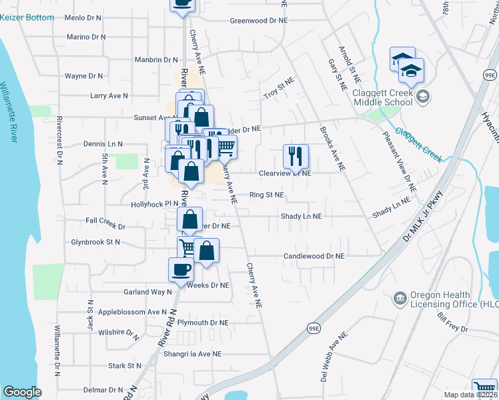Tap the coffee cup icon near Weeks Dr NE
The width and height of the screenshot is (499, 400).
click(x=181, y=269)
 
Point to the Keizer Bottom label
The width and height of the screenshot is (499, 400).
click(x=27, y=16)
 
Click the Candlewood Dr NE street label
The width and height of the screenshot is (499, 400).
click(x=314, y=256)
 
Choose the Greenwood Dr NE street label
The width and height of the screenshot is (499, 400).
click(x=258, y=21)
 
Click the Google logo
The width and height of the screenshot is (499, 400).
click(x=22, y=392)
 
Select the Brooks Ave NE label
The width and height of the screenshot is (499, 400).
click(x=332, y=149)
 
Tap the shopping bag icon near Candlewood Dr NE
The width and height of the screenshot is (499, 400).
click(x=208, y=251)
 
